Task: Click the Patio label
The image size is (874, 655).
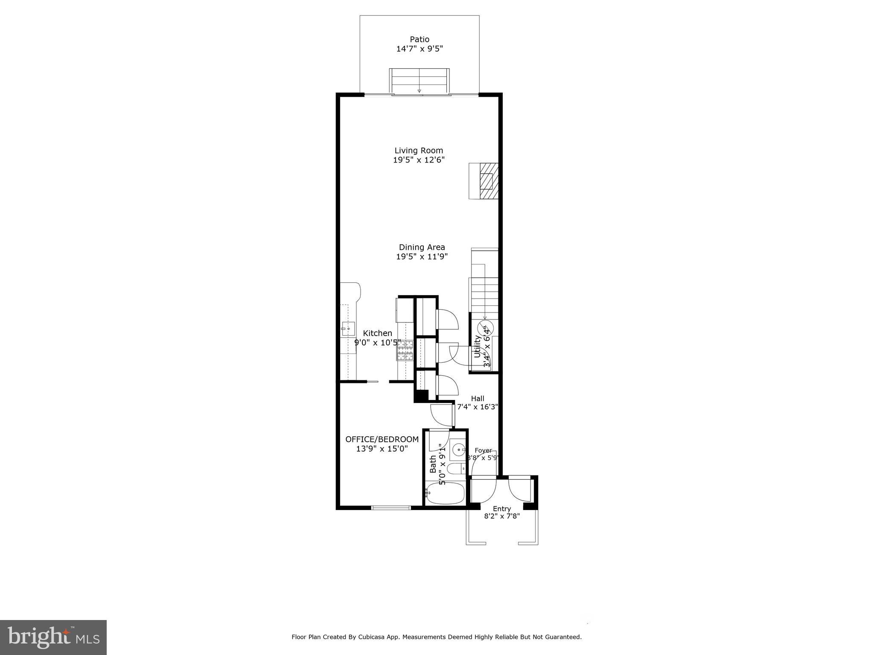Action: [x=420, y=40]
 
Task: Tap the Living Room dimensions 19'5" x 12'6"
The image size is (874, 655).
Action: [x=419, y=160]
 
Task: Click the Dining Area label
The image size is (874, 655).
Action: [x=422, y=247]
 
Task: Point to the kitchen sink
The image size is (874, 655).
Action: [x=348, y=329]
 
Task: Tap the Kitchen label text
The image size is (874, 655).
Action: [x=377, y=333]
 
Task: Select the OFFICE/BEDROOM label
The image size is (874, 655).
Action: [x=382, y=439]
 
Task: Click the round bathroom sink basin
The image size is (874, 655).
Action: [x=459, y=449]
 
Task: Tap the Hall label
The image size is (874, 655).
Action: [x=477, y=398]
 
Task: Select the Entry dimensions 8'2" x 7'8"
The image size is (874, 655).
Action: [x=501, y=516]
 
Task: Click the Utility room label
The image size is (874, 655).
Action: [x=477, y=346]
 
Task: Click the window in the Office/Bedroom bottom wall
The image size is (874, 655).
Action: [x=390, y=507]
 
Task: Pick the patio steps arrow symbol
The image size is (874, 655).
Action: [x=419, y=90]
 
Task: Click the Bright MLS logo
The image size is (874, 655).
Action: [x=53, y=638]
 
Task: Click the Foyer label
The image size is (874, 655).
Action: [x=483, y=450]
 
